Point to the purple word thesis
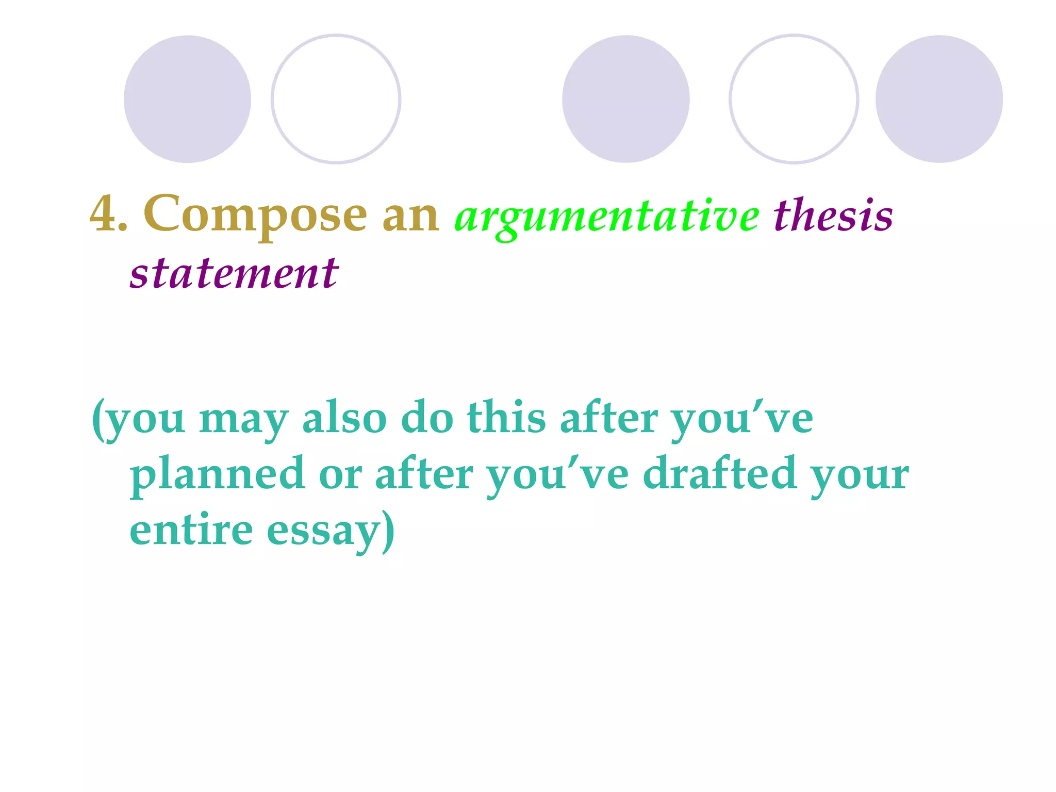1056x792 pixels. point(833,216)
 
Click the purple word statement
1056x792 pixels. point(234,273)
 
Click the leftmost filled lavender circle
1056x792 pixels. point(187,99)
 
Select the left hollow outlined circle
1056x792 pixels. point(336,99)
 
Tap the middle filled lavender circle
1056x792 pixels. point(625,99)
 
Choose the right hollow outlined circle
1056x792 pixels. point(794,99)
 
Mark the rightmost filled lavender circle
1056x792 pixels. point(939,99)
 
